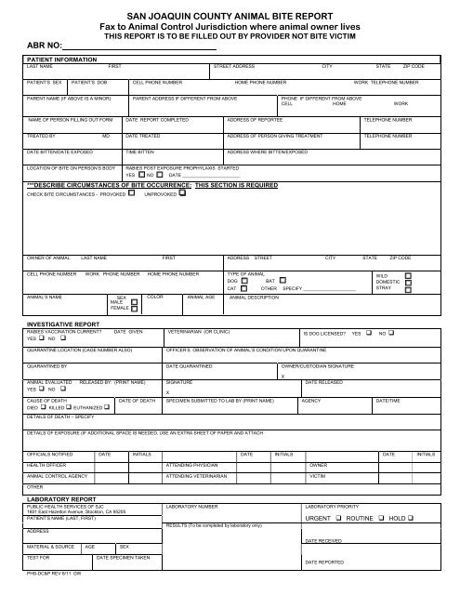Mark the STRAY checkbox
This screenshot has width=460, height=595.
click(409, 290)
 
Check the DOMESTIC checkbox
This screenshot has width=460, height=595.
click(409, 283)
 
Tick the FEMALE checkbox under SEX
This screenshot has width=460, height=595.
click(134, 308)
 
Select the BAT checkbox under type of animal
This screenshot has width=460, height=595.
click(282, 280)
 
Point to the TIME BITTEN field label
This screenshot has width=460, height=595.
click(139, 150)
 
